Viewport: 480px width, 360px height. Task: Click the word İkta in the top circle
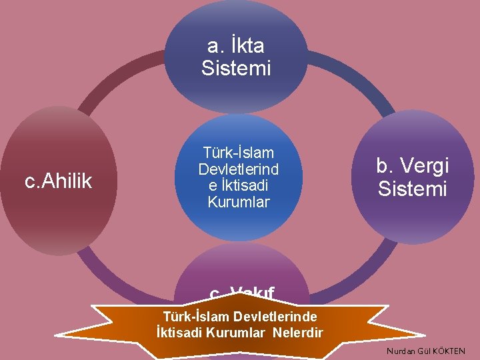point(246,46)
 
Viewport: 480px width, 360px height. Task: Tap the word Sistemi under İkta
point(236,68)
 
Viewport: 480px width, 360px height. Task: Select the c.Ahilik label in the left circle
point(58,181)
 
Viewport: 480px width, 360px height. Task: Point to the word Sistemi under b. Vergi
point(412,189)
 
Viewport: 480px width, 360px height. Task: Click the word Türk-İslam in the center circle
point(239,153)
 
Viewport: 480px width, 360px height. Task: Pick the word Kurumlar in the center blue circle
point(239,201)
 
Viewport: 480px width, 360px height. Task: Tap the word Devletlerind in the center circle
point(239,169)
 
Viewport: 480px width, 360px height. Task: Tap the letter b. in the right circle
point(385,165)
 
